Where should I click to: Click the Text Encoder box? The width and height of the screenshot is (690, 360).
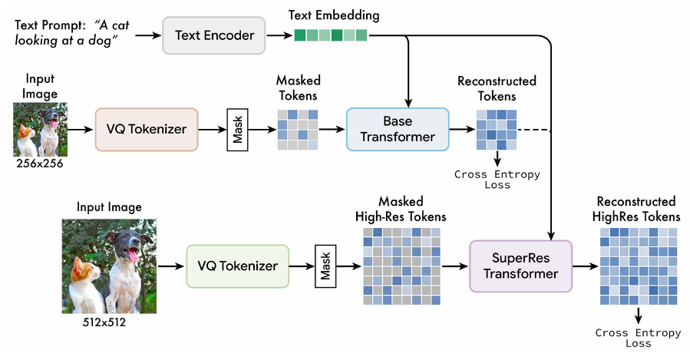coord(213,35)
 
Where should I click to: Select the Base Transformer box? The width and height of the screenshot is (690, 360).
coord(397,129)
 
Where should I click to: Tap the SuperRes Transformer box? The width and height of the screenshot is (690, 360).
coord(520,266)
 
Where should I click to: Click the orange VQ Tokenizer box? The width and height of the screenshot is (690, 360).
coord(147,129)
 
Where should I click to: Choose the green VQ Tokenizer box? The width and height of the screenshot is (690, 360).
coord(237,266)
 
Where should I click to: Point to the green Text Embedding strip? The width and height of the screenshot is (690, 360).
coord(331,35)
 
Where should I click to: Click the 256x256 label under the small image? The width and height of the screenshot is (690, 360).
coord(40,164)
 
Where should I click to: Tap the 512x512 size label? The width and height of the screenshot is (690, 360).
coord(101,323)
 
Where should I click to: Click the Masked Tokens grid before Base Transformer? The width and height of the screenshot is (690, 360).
coord(298,129)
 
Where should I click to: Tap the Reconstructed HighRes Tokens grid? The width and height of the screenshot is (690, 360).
coord(638,266)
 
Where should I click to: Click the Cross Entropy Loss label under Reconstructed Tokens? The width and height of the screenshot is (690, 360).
coord(497,179)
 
